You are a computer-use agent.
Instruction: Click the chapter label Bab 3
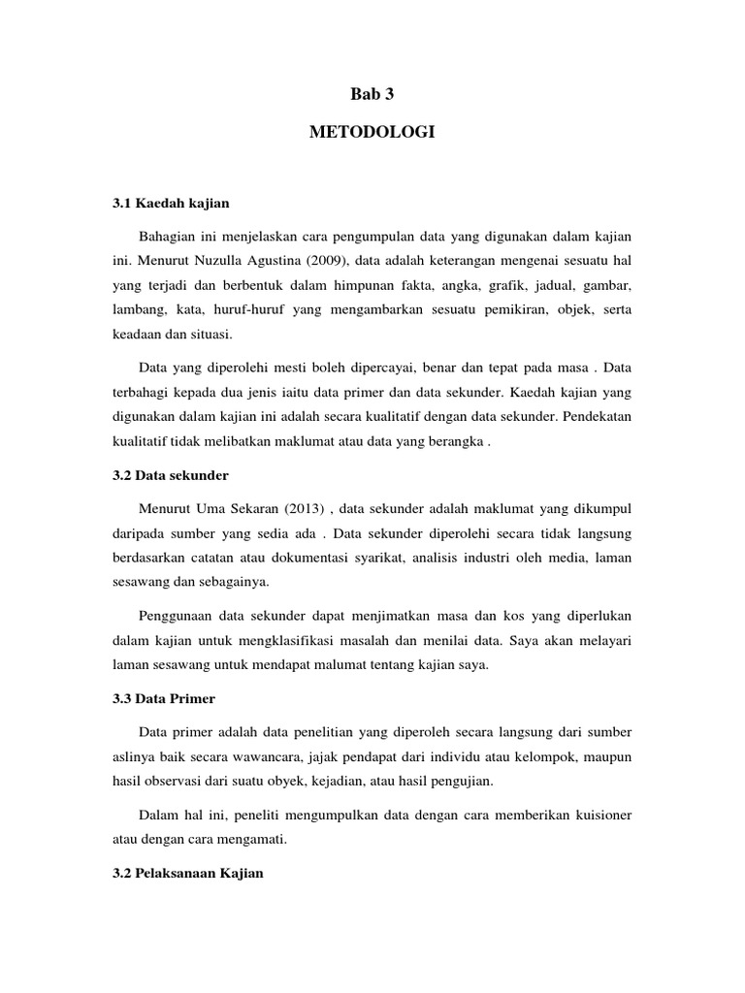coord(372,94)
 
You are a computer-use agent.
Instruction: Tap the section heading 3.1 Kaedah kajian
coord(171,205)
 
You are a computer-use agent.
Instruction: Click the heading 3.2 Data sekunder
coord(171,476)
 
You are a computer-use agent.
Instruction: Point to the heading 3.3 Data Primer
coord(164,698)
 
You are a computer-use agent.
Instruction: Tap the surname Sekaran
coord(254,508)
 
